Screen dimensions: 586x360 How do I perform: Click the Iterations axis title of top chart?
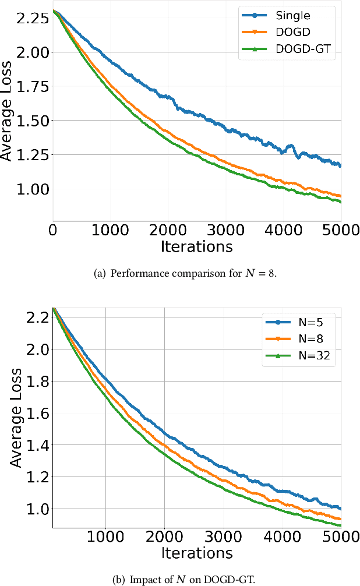click(x=196, y=247)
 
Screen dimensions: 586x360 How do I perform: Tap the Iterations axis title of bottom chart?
click(x=196, y=553)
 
